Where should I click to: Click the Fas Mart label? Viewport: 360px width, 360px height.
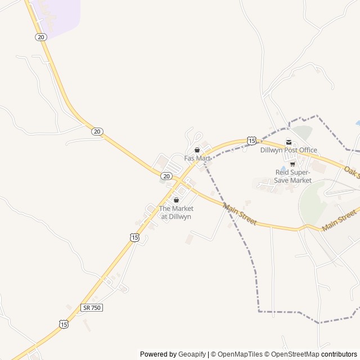coord(197,158)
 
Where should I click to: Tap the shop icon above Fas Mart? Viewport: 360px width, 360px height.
coord(197,150)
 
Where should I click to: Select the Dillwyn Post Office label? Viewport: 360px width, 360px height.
coord(289,150)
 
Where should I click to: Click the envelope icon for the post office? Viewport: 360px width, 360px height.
coord(289,142)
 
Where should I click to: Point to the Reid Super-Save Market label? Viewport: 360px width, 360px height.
coord(292,176)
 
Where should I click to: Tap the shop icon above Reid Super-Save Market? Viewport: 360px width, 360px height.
coord(292,164)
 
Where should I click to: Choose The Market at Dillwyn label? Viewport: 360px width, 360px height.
coord(176,212)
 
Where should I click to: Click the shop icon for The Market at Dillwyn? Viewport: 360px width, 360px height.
coord(176,200)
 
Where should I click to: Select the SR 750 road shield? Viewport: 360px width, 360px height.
coord(92,308)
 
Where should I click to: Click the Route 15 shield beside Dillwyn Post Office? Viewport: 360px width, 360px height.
coord(251,140)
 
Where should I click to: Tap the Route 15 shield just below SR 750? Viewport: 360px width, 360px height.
coord(64,325)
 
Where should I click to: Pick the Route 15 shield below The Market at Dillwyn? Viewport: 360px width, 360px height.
coord(134,238)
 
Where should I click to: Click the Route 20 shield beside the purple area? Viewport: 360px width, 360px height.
coord(40,37)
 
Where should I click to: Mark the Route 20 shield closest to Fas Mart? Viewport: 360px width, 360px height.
coord(166,176)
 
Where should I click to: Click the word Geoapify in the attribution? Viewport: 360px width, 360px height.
coord(192,354)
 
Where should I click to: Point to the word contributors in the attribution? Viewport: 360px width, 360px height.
coord(339,354)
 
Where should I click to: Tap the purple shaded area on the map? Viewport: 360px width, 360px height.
coord(56,14)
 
